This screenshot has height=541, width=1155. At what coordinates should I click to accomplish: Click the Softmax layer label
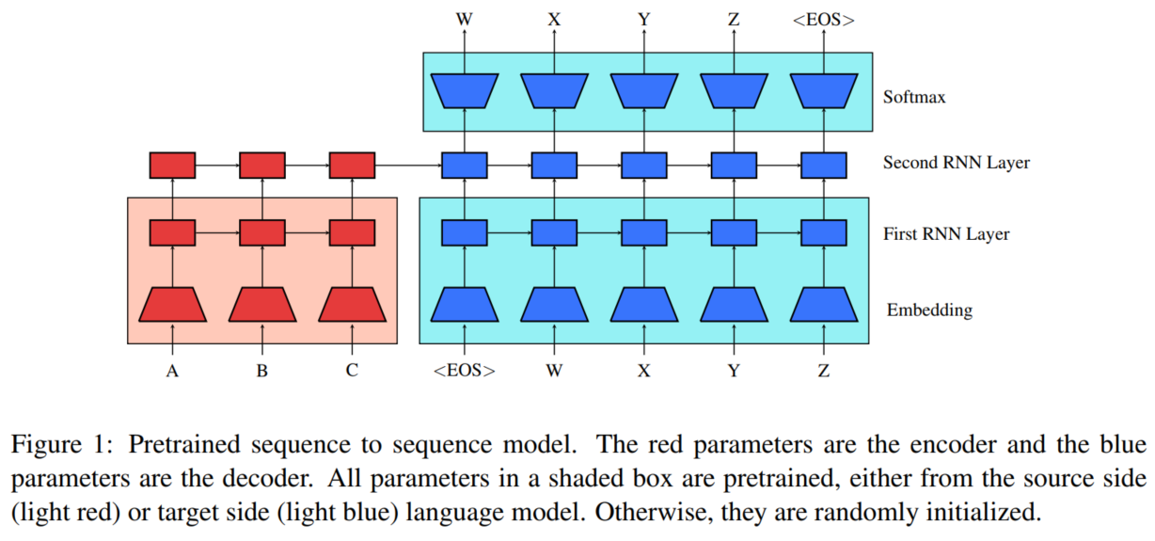click(913, 96)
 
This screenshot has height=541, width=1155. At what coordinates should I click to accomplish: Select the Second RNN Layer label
click(956, 163)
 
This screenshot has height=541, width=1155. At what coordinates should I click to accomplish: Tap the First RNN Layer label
click(946, 233)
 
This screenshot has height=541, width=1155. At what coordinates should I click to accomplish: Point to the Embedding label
click(929, 310)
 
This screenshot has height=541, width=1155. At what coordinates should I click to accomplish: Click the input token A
click(172, 371)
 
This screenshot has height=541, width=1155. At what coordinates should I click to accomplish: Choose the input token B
click(262, 371)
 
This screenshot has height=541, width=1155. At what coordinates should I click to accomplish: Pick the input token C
click(352, 371)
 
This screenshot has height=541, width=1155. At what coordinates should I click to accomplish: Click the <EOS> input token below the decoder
click(465, 371)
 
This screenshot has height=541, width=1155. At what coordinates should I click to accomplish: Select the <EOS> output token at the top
click(824, 18)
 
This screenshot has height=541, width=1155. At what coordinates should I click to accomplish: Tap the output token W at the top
click(465, 18)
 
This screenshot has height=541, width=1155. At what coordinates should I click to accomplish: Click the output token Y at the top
click(644, 18)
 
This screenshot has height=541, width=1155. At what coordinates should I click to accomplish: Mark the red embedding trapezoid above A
click(172, 304)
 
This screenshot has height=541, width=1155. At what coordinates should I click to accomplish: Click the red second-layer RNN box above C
click(352, 166)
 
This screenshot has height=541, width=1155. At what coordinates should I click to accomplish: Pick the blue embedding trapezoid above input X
click(644, 304)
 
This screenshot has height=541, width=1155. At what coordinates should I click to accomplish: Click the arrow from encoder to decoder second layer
click(408, 166)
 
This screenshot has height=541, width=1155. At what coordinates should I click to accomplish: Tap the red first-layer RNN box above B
click(262, 231)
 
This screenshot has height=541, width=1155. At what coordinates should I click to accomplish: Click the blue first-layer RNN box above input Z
click(824, 231)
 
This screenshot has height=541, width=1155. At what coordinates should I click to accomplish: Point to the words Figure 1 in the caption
click(60, 444)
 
